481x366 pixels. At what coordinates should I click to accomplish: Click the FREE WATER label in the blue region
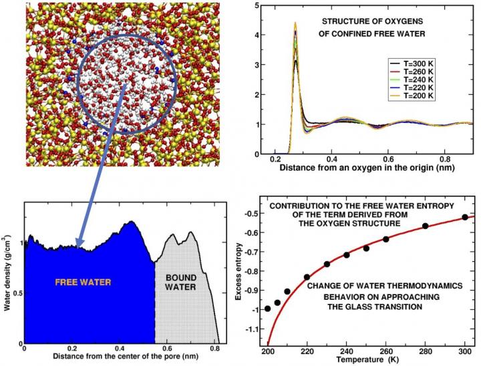coord(82,283)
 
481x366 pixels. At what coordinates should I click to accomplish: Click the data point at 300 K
coord(465,217)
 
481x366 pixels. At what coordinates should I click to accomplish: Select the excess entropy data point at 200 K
coord(268,309)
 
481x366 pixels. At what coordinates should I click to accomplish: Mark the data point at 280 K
coord(425,226)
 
